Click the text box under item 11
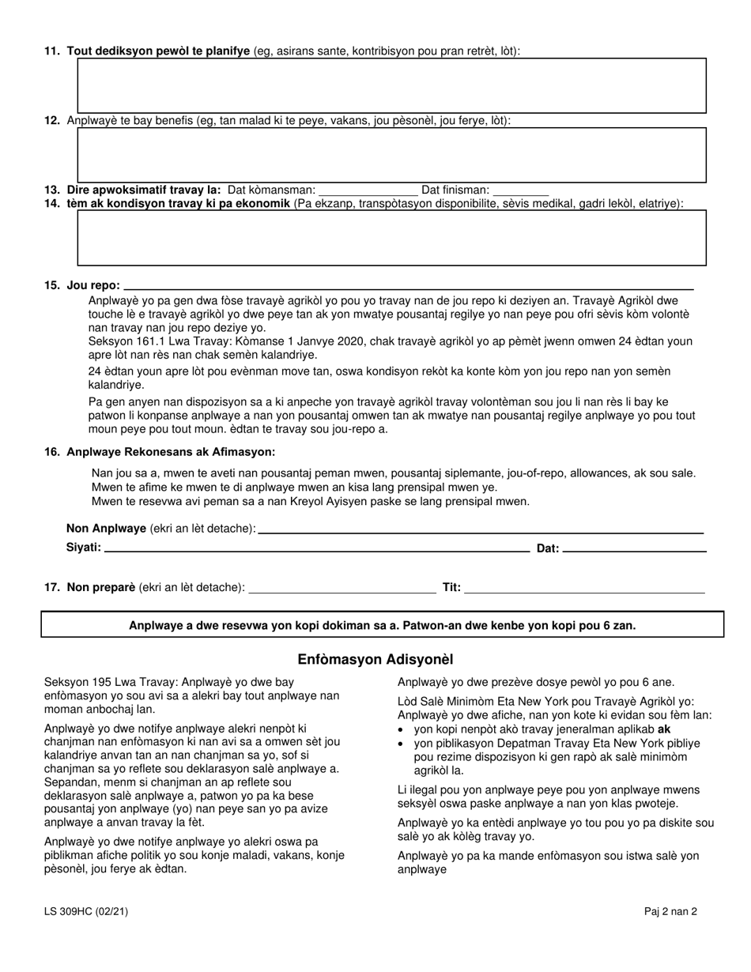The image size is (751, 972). tap(391, 85)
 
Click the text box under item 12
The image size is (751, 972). tap(391, 155)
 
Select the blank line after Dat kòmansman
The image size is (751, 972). tap(368, 190)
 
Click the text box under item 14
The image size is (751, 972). tap(391, 238)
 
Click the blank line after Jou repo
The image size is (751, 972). tap(409, 285)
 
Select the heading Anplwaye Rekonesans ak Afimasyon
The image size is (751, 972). tap(171, 452)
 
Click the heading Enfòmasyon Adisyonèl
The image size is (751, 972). tap(375, 659)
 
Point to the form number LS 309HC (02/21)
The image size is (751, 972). tap(87, 911)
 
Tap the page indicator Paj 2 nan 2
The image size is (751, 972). tap(670, 911)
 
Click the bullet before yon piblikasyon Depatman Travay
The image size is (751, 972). tap(403, 744)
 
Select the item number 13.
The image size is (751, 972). tap(52, 190)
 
